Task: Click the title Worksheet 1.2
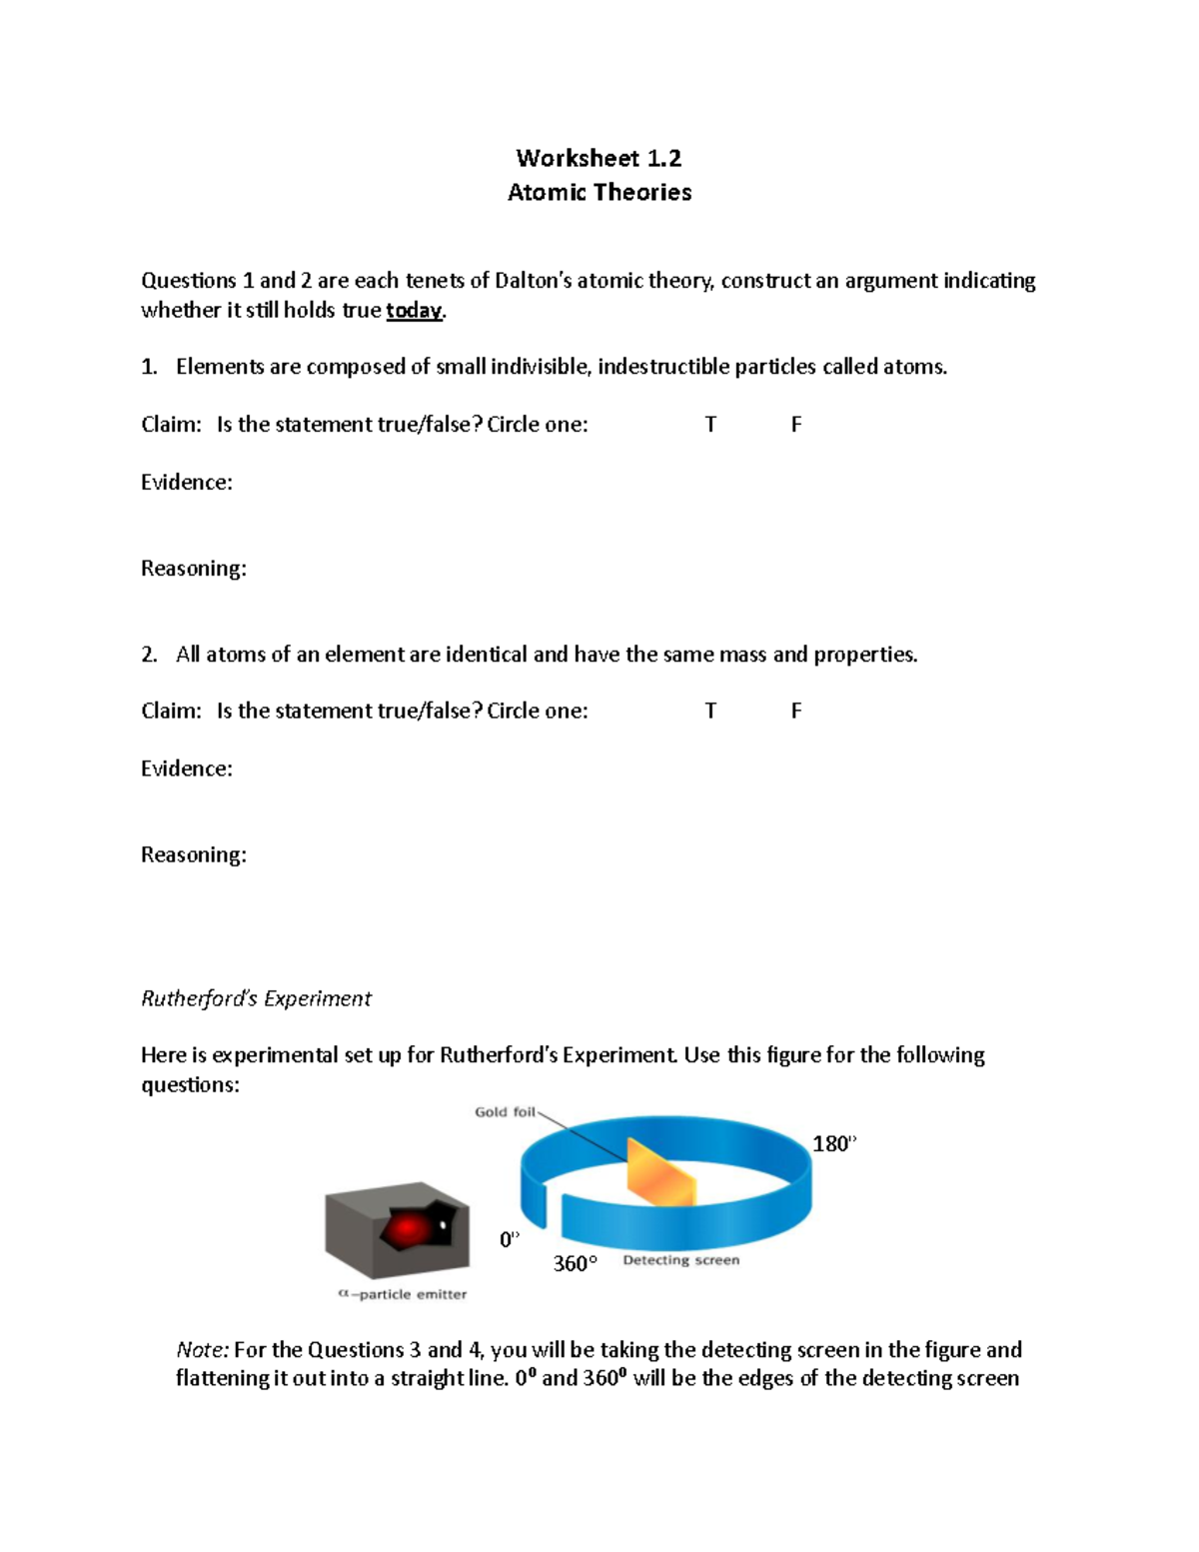tap(599, 158)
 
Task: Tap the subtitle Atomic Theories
tap(599, 192)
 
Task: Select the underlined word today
tap(414, 311)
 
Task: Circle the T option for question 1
tap(710, 425)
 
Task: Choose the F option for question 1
tap(796, 425)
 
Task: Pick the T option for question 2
tap(710, 711)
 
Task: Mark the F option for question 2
tap(796, 711)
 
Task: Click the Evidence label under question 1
tap(187, 483)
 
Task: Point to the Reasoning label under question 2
tap(194, 855)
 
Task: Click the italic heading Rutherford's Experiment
tap(256, 998)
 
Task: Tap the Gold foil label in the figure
tap(505, 1112)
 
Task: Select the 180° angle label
tap(834, 1144)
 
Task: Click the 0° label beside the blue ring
tap(510, 1240)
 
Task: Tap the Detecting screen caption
tap(680, 1261)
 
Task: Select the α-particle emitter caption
tap(403, 1294)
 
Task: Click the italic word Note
tap(202, 1350)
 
